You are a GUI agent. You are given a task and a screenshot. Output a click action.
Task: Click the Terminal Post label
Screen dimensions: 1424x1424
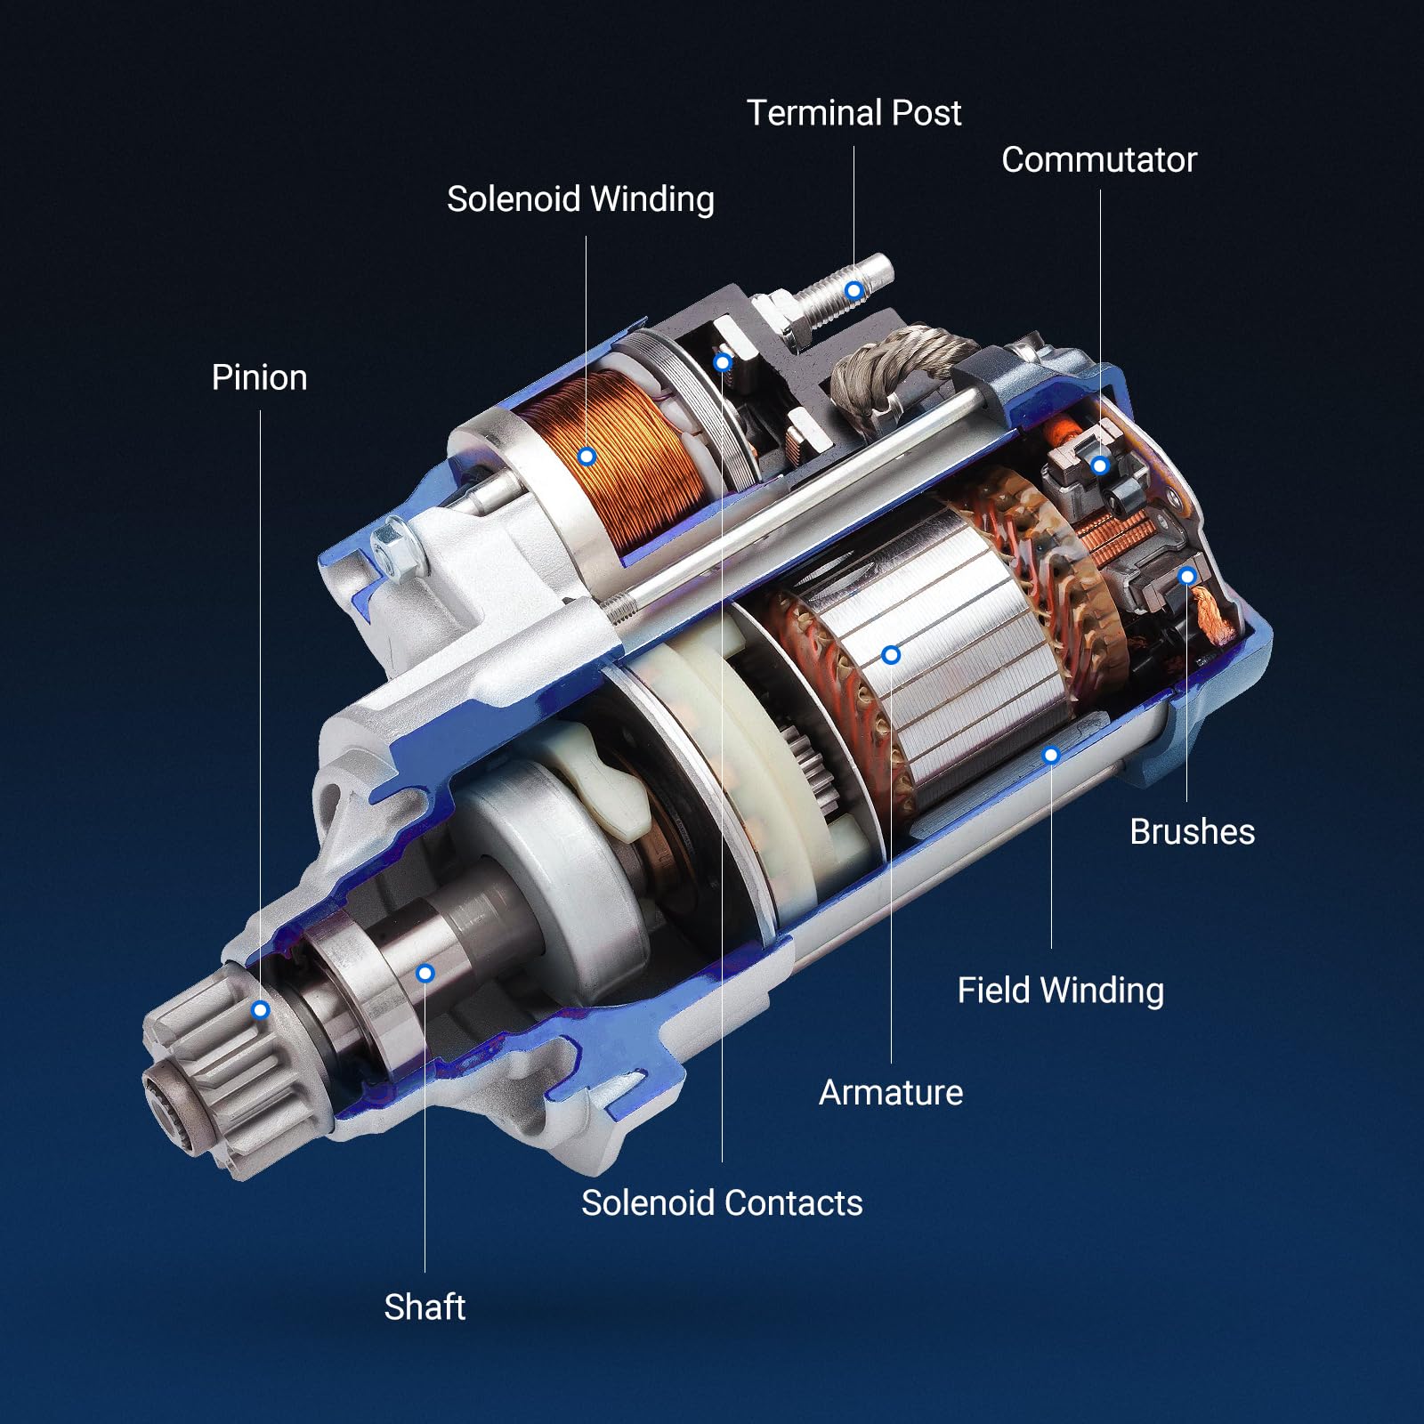(x=854, y=113)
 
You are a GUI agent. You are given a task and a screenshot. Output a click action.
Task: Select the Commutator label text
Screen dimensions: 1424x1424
(x=1099, y=160)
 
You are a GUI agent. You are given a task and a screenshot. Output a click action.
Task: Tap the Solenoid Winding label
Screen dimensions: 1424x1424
(x=580, y=199)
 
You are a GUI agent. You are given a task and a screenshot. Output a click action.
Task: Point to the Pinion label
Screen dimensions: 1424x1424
(x=259, y=377)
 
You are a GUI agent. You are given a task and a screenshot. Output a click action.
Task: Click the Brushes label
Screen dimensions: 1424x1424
(x=1192, y=831)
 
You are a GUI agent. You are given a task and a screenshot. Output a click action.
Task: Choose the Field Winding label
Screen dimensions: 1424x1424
(x=1060, y=991)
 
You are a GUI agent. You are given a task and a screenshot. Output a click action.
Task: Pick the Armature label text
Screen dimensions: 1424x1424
(x=891, y=1092)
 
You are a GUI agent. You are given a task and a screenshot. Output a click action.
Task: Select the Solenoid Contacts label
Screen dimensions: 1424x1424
(x=722, y=1202)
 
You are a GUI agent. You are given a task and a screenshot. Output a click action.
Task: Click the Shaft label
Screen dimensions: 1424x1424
(x=425, y=1307)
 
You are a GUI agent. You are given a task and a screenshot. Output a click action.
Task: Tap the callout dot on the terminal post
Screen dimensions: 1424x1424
(x=854, y=290)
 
